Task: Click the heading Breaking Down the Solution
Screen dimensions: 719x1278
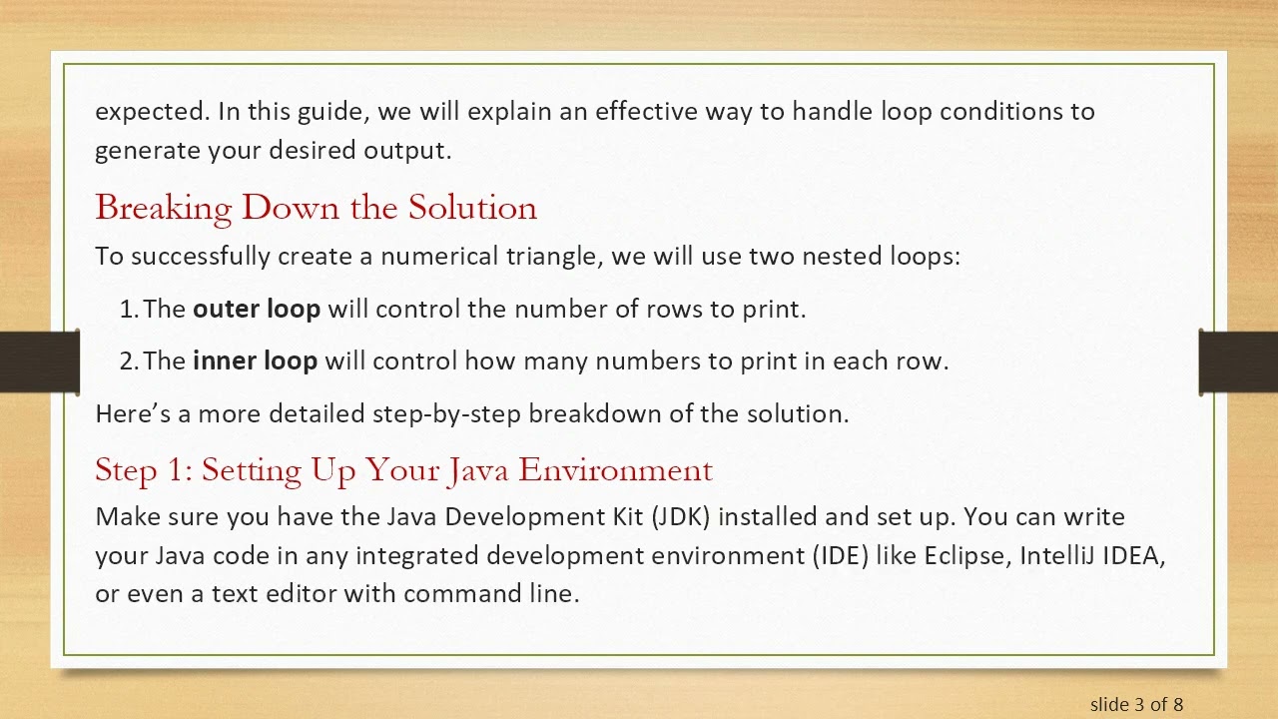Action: tap(316, 208)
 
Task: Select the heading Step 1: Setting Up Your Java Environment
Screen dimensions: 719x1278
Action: tap(403, 469)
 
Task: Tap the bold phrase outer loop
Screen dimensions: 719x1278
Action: tap(257, 310)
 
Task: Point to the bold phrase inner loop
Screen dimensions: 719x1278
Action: tap(255, 361)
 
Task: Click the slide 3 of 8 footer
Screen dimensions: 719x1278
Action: tap(1136, 704)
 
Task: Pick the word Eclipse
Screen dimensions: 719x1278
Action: tap(965, 555)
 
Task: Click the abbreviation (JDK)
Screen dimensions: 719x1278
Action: tap(680, 517)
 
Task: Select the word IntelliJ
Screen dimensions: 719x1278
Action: tap(1056, 555)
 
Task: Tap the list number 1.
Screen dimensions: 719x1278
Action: tap(128, 310)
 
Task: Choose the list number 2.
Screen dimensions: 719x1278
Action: tap(128, 361)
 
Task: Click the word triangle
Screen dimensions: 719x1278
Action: tap(552, 257)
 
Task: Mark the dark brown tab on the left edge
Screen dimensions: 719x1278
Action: tap(39, 361)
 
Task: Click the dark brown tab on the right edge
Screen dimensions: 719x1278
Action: tap(1238, 361)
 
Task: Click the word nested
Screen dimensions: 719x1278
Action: tap(843, 257)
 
